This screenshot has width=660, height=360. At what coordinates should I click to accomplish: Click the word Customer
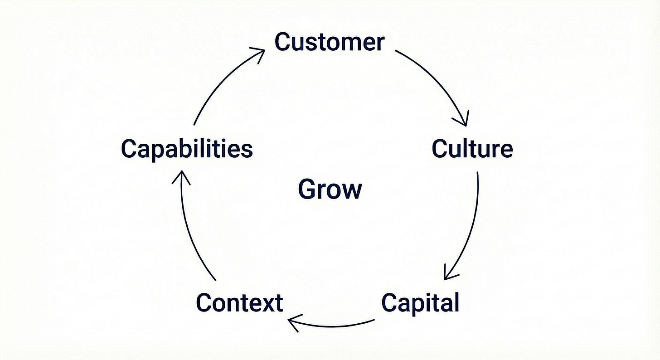(x=330, y=42)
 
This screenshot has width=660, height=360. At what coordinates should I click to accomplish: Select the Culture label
(x=472, y=148)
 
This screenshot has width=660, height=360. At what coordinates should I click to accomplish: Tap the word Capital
(x=420, y=302)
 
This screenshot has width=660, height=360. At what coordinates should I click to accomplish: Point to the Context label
(x=239, y=302)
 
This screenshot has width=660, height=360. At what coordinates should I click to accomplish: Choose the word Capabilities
(x=187, y=149)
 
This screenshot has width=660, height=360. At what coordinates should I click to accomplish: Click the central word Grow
(x=330, y=189)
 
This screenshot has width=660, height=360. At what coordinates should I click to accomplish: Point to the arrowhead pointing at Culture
(x=462, y=120)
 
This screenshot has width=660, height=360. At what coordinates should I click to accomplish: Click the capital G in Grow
(x=307, y=189)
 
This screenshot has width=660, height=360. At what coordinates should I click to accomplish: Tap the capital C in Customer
(x=283, y=42)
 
